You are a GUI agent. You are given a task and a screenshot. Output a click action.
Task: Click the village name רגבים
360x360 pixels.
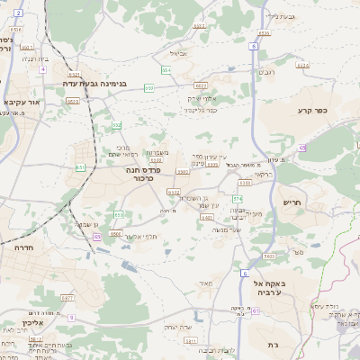268,71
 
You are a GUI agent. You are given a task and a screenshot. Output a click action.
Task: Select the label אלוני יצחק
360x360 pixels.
203,97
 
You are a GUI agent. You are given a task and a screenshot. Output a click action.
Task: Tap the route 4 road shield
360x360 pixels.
43,68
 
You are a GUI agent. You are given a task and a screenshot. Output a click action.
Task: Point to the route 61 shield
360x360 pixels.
256,311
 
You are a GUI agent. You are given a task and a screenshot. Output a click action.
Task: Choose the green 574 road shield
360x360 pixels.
238,198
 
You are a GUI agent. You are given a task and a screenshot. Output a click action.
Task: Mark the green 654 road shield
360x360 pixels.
166,68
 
